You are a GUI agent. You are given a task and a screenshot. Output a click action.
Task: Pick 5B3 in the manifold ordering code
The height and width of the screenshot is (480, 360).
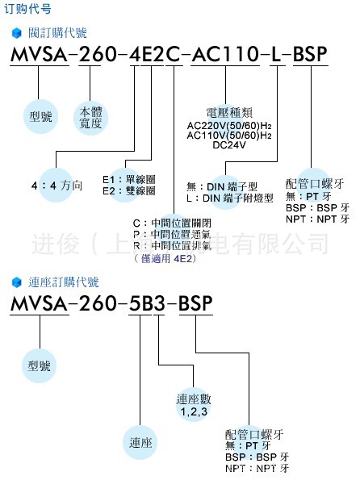pyautogui.click(x=148, y=303)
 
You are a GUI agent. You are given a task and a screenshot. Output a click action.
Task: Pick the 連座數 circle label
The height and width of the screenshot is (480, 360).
pyautogui.click(x=192, y=400)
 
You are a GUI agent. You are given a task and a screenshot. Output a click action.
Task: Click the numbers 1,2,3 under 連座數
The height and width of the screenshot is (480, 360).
pyautogui.click(x=192, y=411)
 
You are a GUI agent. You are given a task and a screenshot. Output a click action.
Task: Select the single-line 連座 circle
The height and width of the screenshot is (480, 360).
pyautogui.click(x=142, y=443)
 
